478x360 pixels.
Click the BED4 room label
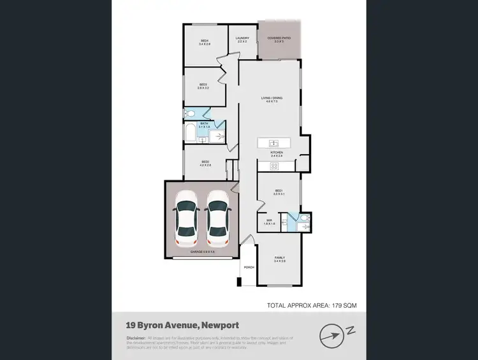click(204, 42)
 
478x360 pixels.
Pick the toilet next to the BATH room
click(189, 115)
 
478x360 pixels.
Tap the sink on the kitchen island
click(273, 142)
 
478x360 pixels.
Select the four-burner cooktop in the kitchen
click(275, 166)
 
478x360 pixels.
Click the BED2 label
click(205, 163)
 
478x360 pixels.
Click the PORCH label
click(249, 267)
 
